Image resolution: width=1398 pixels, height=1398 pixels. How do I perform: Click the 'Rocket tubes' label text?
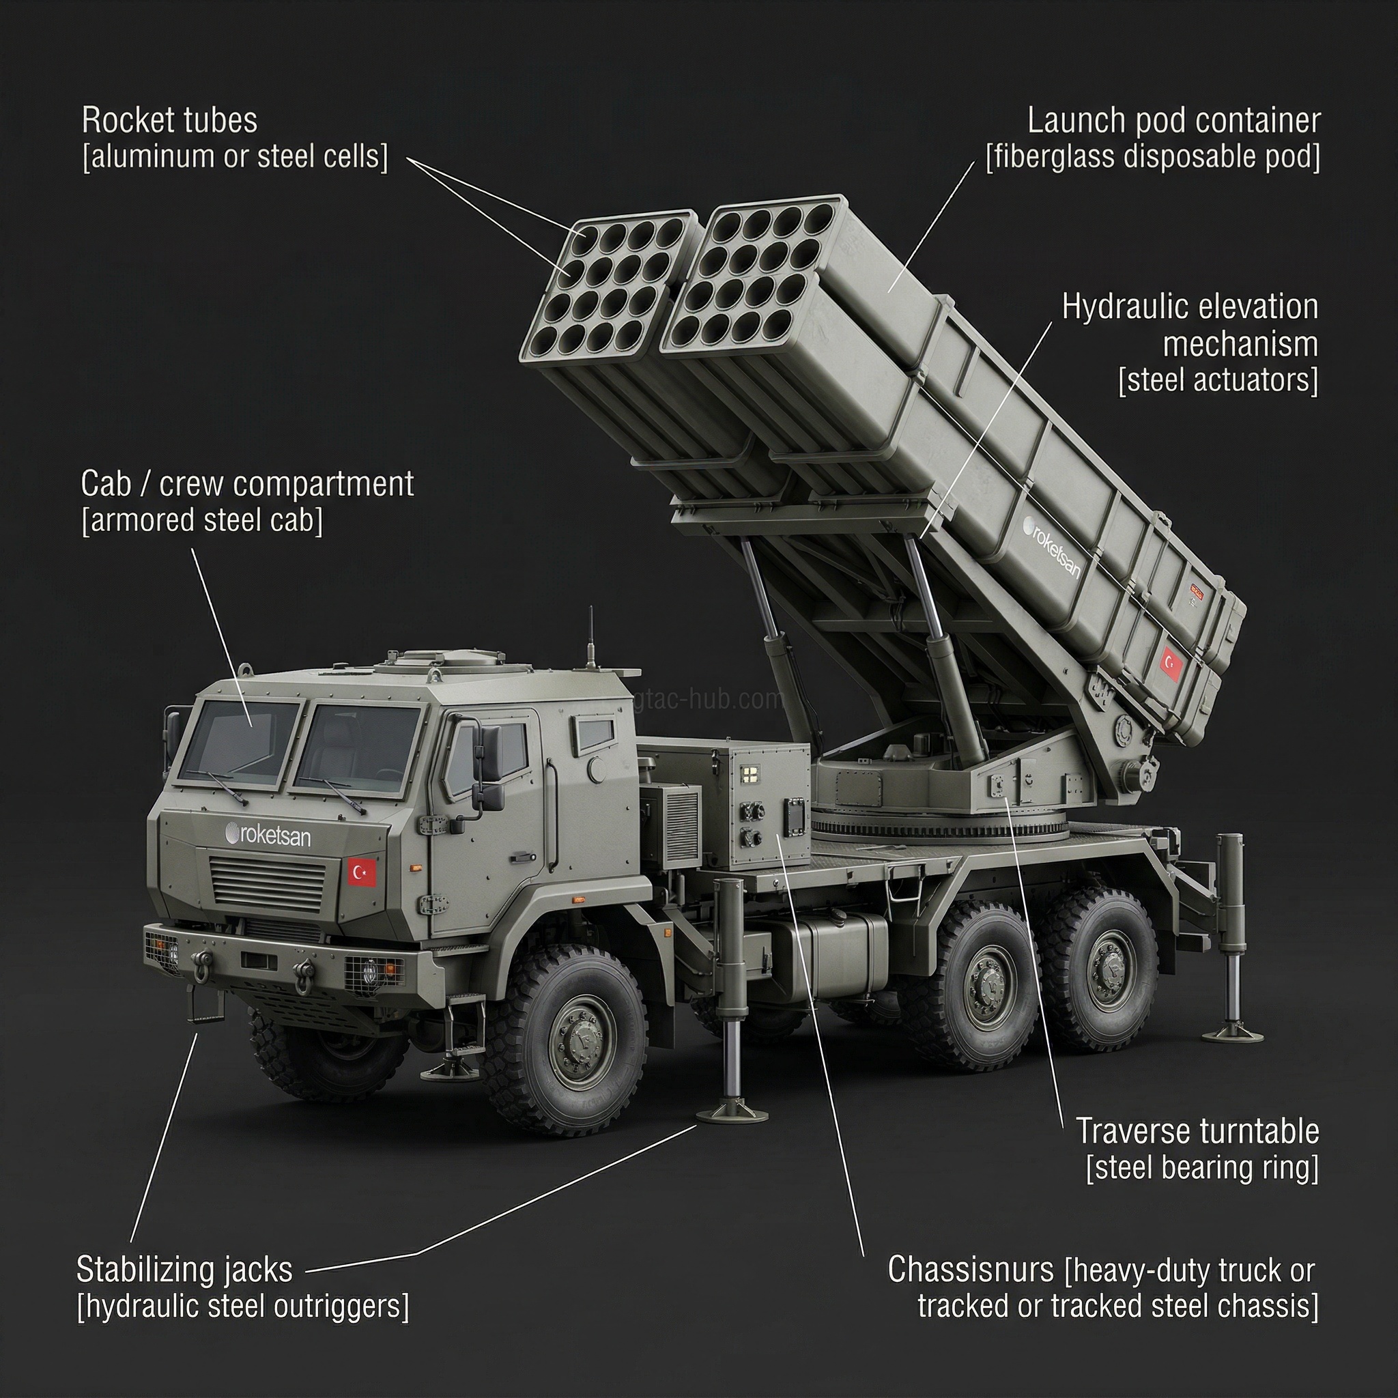169,121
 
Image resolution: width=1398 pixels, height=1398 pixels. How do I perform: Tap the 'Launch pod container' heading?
1173,121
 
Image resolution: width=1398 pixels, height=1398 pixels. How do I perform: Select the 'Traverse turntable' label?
1197,1131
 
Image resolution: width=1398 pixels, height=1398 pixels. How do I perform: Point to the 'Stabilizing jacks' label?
184,1270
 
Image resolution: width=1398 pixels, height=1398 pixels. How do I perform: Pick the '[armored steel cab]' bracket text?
202,520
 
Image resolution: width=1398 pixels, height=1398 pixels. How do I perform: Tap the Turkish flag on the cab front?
362,872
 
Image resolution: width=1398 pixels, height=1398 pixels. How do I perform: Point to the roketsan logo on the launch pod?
1052,546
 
